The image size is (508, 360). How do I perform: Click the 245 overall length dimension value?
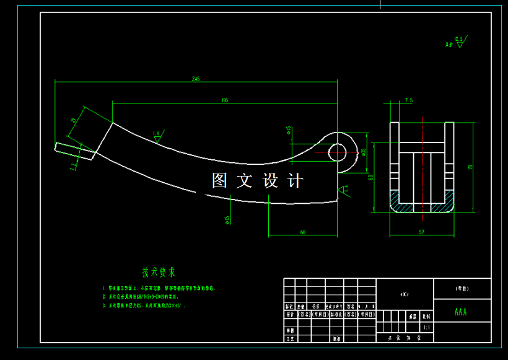(196, 79)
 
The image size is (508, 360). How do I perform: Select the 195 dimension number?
(224, 100)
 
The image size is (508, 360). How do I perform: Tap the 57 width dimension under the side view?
(421, 232)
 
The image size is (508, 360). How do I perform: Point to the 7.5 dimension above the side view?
(408, 99)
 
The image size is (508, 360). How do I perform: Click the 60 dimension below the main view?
(302, 232)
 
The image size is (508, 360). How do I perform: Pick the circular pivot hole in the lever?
(340, 149)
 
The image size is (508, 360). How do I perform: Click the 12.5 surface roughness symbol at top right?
(459, 42)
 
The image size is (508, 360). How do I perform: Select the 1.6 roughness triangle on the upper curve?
(157, 136)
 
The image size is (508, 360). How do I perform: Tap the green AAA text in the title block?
(461, 312)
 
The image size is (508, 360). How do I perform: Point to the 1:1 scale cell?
(426, 327)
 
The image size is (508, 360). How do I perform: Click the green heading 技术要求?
(159, 272)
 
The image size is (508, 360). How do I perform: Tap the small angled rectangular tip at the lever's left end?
(75, 151)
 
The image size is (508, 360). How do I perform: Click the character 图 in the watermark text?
(220, 181)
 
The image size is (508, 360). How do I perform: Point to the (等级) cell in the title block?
(462, 289)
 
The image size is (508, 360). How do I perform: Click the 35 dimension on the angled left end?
(73, 120)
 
